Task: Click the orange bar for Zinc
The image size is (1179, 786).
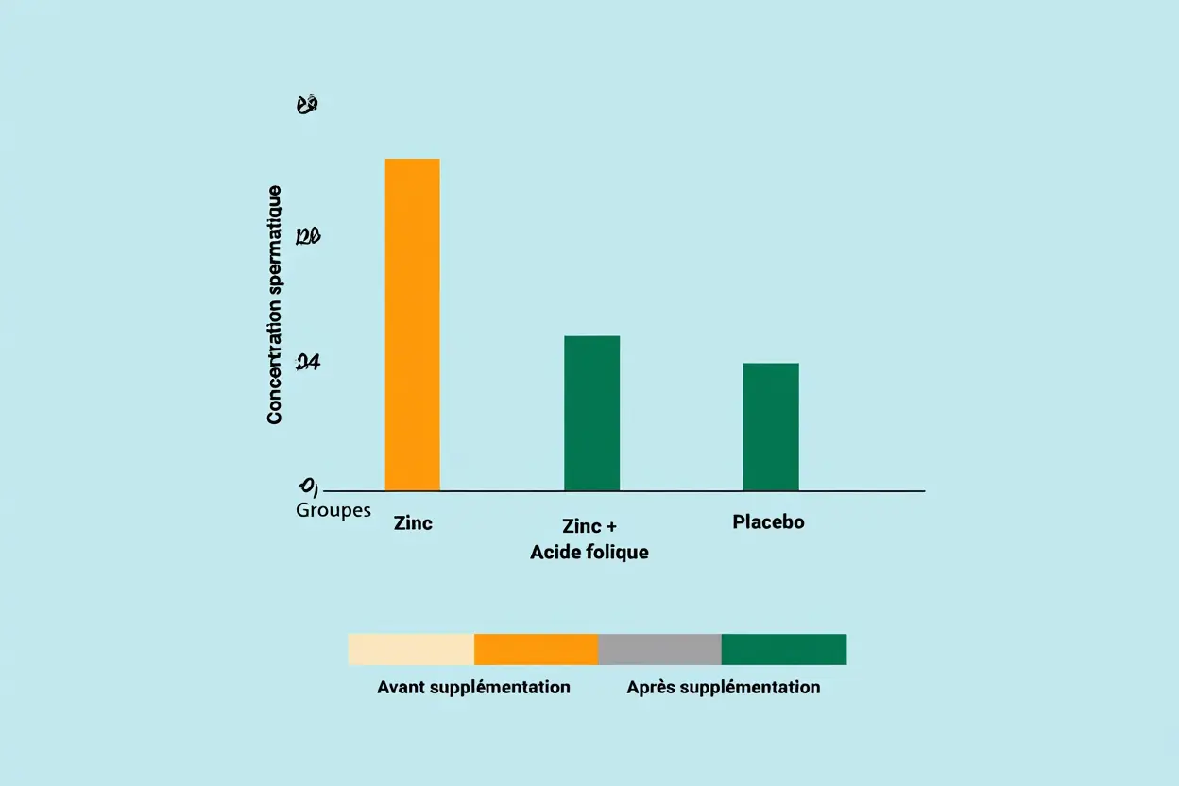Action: point(412,324)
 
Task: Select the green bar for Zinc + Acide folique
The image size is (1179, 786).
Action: point(591,413)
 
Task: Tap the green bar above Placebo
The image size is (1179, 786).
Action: point(770,426)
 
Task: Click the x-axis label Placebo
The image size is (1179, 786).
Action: point(768,521)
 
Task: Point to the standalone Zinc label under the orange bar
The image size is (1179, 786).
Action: point(413,522)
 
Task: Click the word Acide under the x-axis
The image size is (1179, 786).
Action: point(555,552)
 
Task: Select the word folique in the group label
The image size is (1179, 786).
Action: point(617,552)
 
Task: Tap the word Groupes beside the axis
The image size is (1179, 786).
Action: point(333,510)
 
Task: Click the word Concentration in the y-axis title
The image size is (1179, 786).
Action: point(275,365)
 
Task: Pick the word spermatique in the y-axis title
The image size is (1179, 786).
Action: point(275,242)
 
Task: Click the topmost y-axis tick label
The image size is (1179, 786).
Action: point(307,105)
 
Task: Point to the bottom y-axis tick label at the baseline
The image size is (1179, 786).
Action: point(308,487)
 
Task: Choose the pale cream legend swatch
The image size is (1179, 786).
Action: point(411,649)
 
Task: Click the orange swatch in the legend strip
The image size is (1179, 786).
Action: point(536,649)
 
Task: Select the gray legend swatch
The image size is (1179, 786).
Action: point(659,649)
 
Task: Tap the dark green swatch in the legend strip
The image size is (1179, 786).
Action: point(784,649)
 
